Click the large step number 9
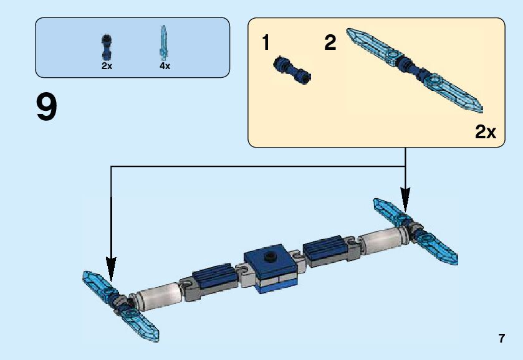pyautogui.click(x=47, y=107)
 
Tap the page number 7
pyautogui.click(x=501, y=339)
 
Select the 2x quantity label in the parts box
pyautogui.click(x=107, y=66)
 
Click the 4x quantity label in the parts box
pyautogui.click(x=165, y=66)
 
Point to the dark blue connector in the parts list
pyautogui.click(x=107, y=45)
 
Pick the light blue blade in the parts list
pyautogui.click(x=165, y=42)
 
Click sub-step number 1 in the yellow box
pyautogui.click(x=267, y=44)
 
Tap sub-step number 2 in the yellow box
pyautogui.click(x=330, y=44)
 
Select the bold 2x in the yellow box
pyautogui.click(x=485, y=132)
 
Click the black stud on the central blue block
pyautogui.click(x=271, y=256)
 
